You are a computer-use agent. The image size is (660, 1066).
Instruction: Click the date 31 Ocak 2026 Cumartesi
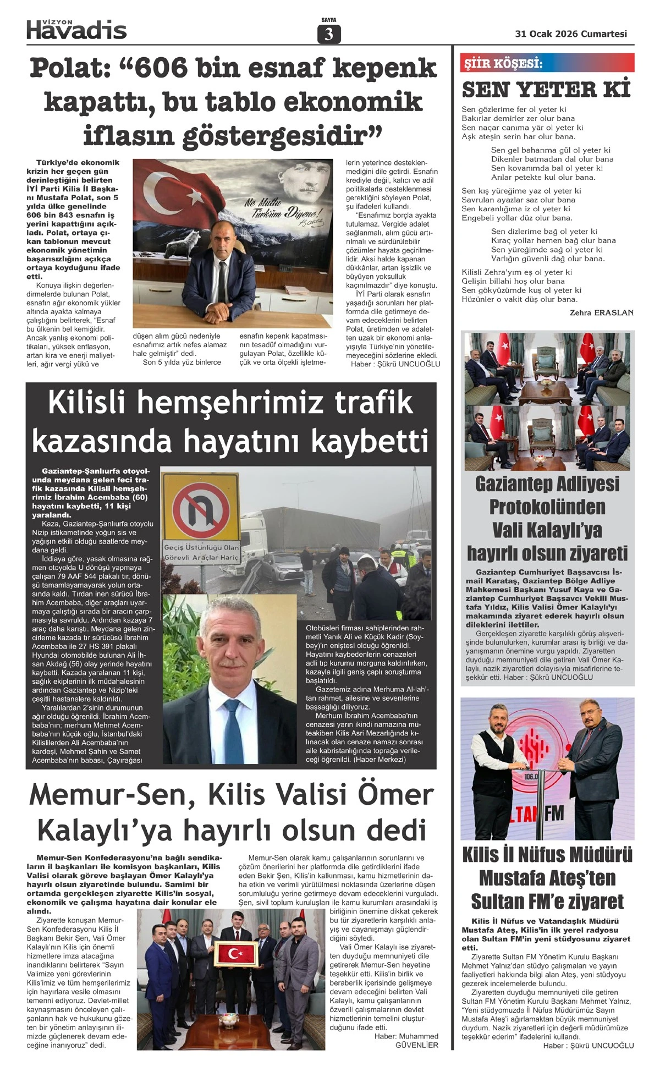click(x=571, y=34)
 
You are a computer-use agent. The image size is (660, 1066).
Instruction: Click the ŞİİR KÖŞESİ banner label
click(x=502, y=64)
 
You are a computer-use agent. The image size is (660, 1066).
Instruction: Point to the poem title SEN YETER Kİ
click(x=546, y=89)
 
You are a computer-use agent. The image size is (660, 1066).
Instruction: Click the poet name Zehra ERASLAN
click(x=602, y=312)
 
